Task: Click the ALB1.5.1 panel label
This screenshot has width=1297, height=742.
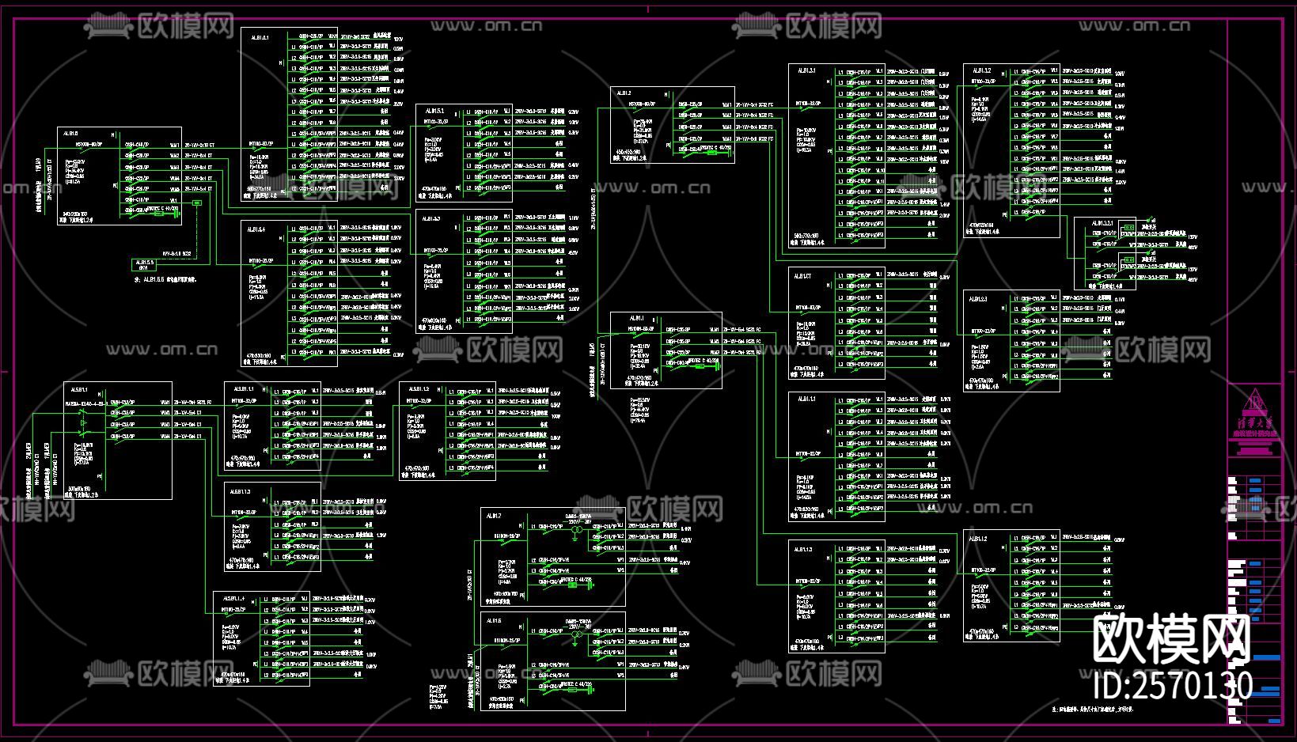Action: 434,112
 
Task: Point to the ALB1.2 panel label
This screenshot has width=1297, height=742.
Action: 624,94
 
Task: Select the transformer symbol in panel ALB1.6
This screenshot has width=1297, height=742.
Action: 575,635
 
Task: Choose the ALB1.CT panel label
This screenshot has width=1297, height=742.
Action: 803,275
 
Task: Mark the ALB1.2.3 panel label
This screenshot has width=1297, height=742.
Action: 978,299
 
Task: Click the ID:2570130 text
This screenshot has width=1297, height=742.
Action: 1167,686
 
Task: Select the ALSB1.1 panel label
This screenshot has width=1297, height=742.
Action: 78,389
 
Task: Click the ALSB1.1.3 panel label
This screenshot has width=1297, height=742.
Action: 241,491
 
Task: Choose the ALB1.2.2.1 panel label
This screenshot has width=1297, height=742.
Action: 1102,224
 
